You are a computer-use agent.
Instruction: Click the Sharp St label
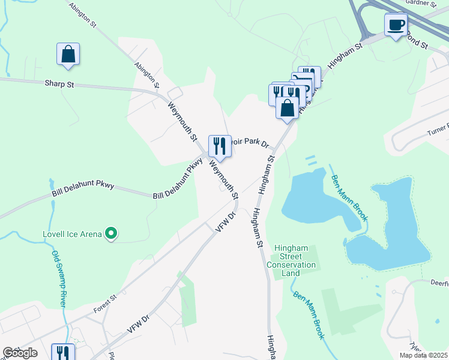click(x=59, y=85)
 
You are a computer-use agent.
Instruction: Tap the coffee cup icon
click(x=396, y=25)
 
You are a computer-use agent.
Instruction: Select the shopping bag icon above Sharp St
click(x=68, y=54)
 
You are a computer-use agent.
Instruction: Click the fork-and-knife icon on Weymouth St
click(x=220, y=146)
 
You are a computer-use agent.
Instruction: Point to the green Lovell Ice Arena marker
click(x=110, y=233)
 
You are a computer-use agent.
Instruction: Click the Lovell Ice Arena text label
click(x=72, y=234)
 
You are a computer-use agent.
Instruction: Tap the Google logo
click(x=20, y=353)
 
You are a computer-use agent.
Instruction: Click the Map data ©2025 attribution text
click(x=423, y=355)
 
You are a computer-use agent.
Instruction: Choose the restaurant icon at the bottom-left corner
click(x=62, y=352)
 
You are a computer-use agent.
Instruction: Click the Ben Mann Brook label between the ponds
click(x=347, y=194)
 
